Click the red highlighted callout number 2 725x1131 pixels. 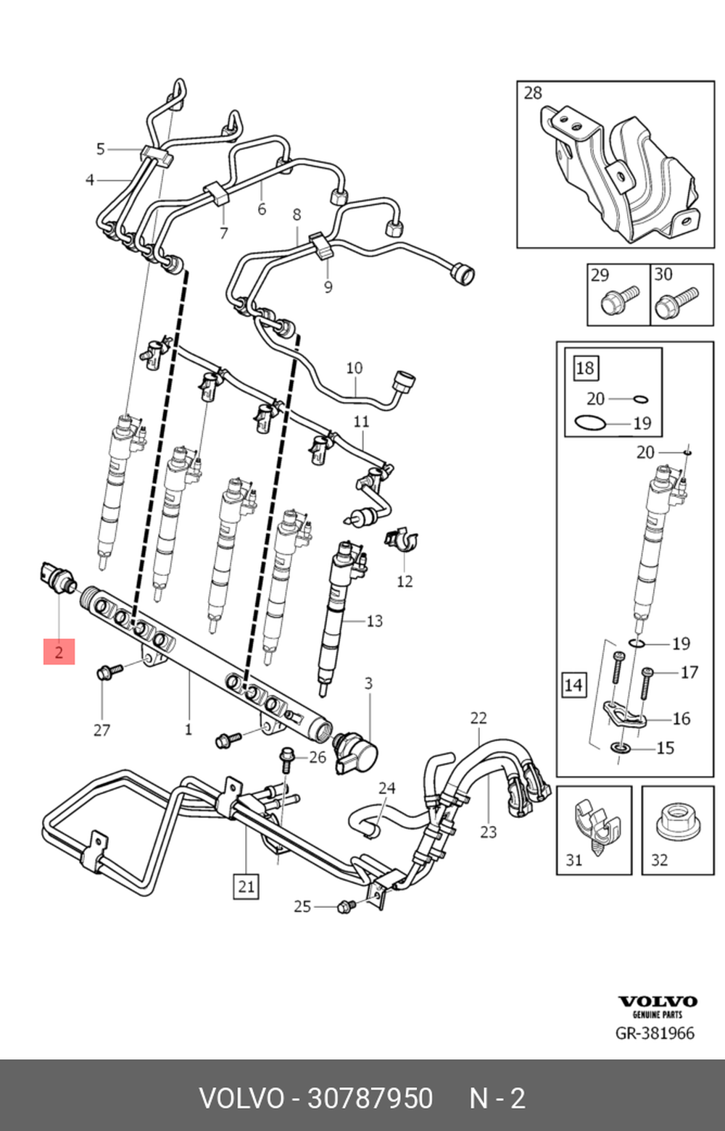[x=59, y=651]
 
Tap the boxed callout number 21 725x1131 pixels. [x=246, y=885]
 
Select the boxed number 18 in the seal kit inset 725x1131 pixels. [x=584, y=368]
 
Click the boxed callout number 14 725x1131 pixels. [x=573, y=685]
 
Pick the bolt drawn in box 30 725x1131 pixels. [x=675, y=303]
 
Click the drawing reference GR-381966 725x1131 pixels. [x=655, y=1033]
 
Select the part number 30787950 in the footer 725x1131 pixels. [x=370, y=1098]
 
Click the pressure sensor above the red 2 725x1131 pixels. [x=56, y=577]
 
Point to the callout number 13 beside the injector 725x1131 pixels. [x=374, y=621]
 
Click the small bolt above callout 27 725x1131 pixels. [x=108, y=672]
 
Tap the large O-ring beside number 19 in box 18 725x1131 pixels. [x=588, y=422]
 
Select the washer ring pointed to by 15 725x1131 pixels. [x=620, y=746]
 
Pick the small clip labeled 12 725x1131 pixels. [x=401, y=540]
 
